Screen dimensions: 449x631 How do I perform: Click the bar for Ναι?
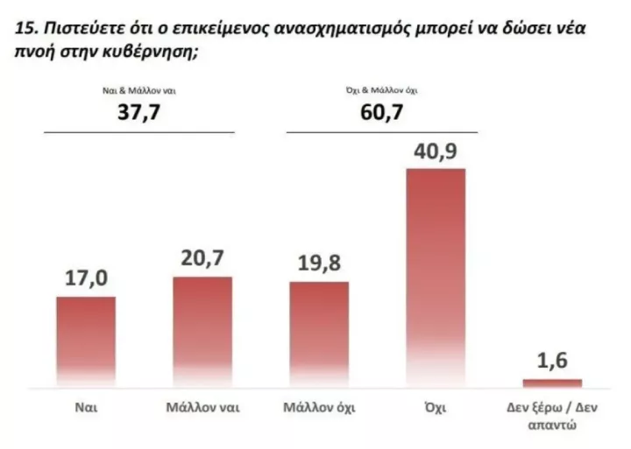(86, 341)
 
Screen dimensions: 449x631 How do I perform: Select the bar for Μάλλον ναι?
(202, 332)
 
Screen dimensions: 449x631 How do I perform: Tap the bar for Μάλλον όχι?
(319, 334)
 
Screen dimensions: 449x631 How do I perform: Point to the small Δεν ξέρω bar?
(552, 382)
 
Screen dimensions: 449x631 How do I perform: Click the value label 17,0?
(86, 280)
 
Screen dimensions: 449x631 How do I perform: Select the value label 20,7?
(202, 260)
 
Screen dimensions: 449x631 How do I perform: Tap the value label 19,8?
(319, 264)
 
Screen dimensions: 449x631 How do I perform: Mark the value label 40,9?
(436, 151)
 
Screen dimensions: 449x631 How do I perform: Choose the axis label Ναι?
(86, 408)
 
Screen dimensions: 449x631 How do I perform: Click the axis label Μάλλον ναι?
(202, 408)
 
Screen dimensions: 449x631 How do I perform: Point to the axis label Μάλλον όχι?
(319, 408)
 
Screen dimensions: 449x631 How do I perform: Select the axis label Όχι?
(436, 408)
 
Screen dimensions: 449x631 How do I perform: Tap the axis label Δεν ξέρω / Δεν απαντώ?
(552, 416)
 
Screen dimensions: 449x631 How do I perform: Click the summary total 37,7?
(140, 112)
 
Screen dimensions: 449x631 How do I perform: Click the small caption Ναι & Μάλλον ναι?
(140, 90)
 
